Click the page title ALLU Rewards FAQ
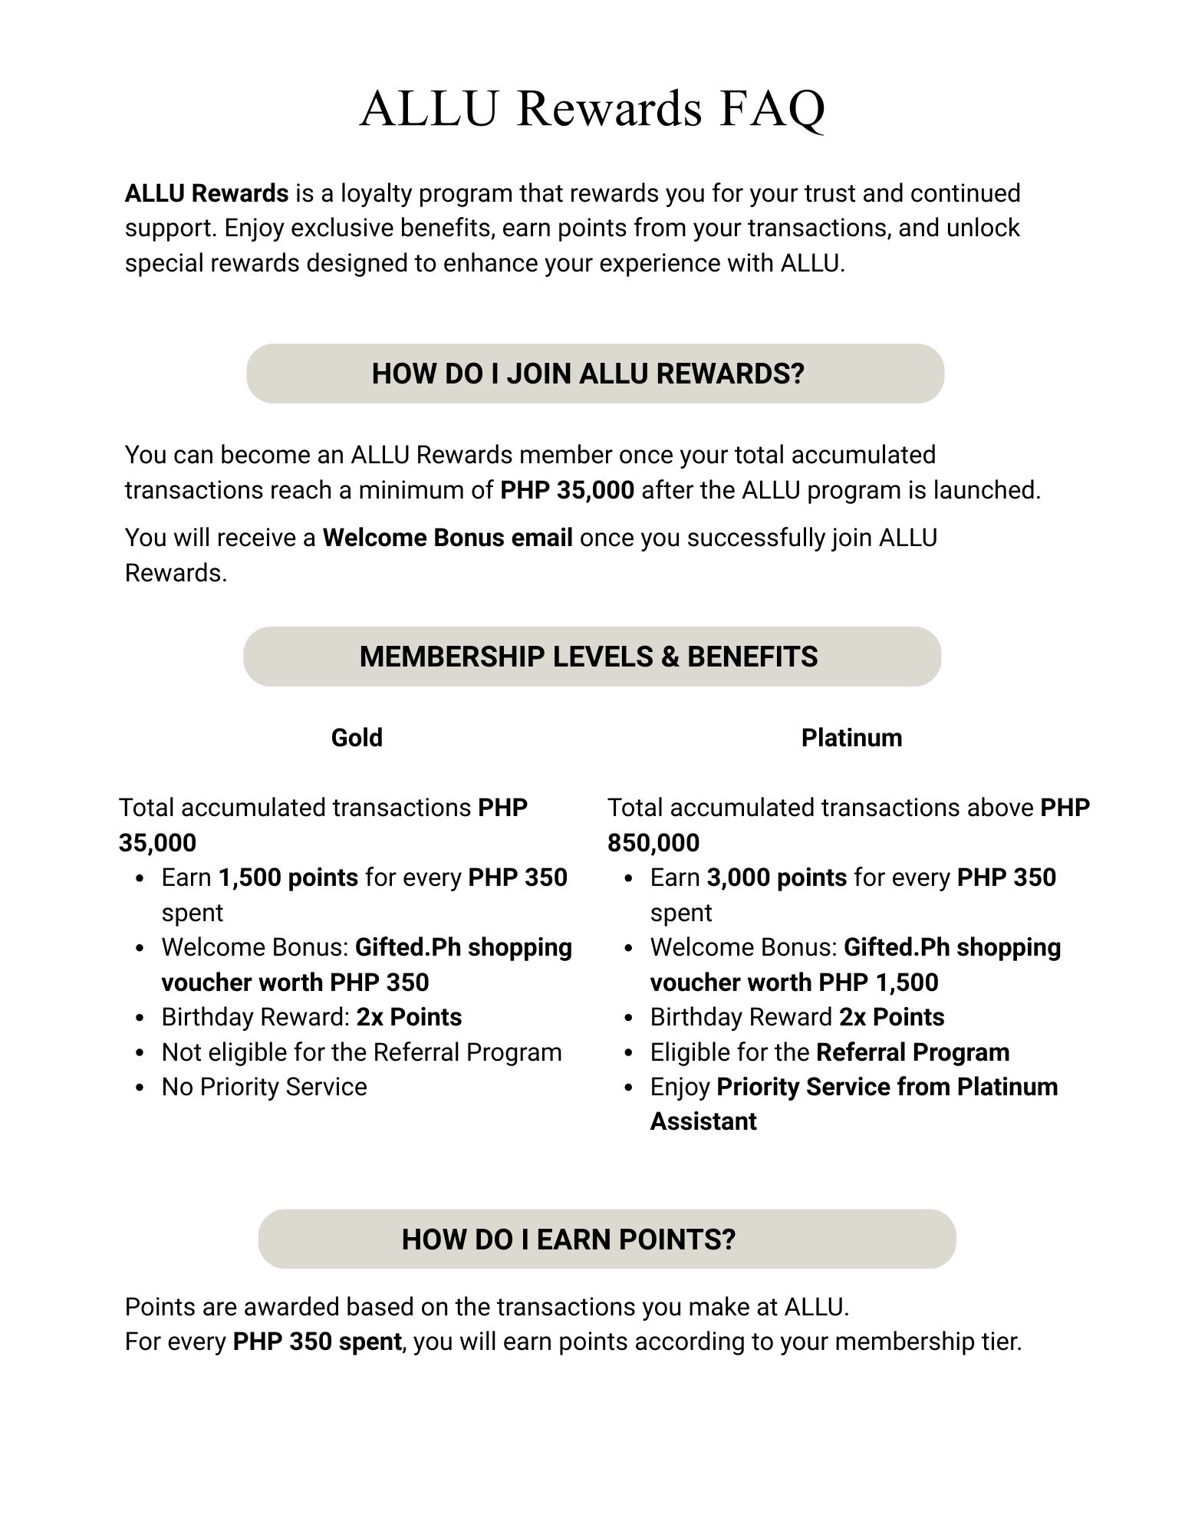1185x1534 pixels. [592, 108]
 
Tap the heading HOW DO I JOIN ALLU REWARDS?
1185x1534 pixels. [588, 374]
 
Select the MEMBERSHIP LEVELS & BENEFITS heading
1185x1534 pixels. [588, 657]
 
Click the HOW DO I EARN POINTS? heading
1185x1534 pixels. [568, 1239]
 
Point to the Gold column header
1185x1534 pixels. [357, 738]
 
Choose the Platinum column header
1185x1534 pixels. [851, 738]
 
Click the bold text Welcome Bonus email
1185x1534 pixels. [447, 538]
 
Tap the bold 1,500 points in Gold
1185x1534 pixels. [288, 877]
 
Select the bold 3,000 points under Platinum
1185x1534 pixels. [777, 877]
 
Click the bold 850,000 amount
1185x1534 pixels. [653, 843]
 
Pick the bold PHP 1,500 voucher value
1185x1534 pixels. [878, 983]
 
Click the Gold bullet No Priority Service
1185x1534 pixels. [264, 1087]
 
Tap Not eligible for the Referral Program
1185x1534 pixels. [361, 1052]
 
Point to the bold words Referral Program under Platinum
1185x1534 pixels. [913, 1052]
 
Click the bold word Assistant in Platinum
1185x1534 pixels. [703, 1121]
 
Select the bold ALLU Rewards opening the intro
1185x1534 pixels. [206, 193]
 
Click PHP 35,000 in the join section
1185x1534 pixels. [567, 490]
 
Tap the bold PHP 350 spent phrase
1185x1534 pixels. [317, 1341]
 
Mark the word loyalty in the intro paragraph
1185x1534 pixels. [376, 193]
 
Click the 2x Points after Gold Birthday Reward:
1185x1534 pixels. [409, 1017]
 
